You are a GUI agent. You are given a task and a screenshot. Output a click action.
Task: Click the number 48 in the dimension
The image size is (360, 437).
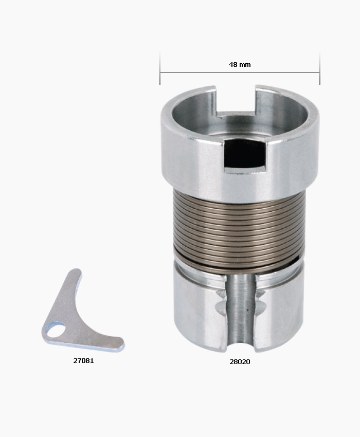tap(233, 65)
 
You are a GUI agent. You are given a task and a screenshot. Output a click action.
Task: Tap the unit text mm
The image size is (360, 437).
tap(244, 65)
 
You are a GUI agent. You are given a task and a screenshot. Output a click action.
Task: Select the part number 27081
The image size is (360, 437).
tap(83, 360)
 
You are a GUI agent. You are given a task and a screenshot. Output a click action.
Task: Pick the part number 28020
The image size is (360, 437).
tap(240, 361)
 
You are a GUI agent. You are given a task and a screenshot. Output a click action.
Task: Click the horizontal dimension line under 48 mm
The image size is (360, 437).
tap(206, 72)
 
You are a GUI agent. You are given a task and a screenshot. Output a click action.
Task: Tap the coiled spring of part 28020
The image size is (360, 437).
tap(239, 226)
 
